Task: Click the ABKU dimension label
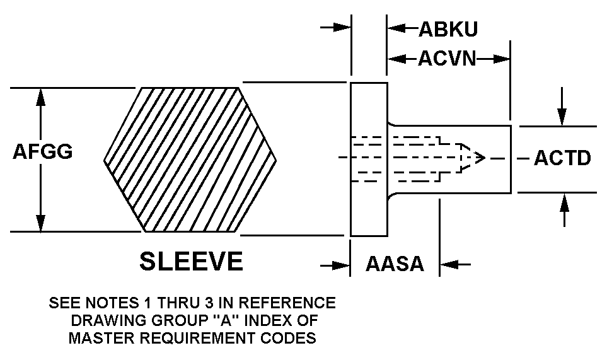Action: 448,29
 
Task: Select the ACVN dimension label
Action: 447,59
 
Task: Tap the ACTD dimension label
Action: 562,158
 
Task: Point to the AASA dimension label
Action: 395,264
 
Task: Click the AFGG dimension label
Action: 43,151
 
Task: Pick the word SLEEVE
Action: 191,261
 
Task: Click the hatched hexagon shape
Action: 190,160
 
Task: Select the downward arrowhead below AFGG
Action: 40,223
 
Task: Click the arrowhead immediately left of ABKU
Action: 396,28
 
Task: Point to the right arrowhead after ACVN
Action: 501,59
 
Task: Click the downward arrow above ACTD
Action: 562,107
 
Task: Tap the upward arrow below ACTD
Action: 564,210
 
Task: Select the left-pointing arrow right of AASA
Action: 456,265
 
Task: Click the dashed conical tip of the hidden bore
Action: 472,158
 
